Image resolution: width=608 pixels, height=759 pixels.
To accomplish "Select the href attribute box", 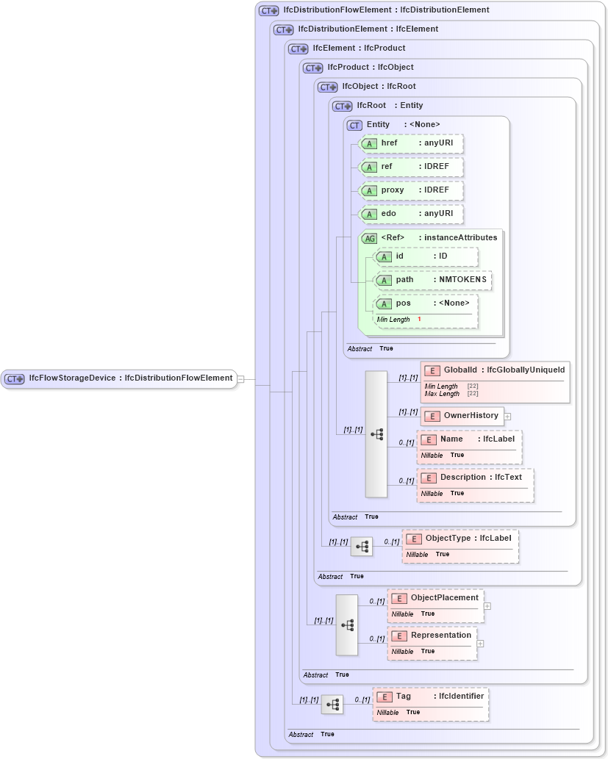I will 411,143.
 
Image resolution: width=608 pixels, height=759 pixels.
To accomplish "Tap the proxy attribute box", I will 411,190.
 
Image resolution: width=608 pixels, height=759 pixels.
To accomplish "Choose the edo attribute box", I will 411,214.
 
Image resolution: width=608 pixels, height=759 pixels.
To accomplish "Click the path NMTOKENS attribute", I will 433,280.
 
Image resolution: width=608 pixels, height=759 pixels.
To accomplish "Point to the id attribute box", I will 426,256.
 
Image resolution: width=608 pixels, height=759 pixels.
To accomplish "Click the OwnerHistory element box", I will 462,416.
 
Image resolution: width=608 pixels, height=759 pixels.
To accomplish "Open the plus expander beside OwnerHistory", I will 507,417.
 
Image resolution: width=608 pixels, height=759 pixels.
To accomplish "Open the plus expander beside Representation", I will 481,643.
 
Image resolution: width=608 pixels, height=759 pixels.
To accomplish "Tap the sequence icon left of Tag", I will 332,705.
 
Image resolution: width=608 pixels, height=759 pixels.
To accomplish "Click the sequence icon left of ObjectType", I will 362,547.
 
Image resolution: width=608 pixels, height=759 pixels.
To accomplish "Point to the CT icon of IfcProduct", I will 313,68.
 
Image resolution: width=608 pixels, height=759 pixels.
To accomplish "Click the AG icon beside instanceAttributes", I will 369,238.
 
